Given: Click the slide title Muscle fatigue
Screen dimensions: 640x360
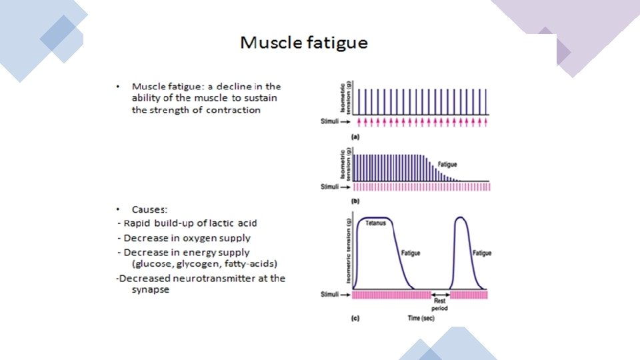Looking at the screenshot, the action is point(304,43).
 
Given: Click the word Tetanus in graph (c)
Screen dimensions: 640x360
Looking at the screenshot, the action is point(375,223).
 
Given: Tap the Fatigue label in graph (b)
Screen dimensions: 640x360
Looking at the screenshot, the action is point(447,164).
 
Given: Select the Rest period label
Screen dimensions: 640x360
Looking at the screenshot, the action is point(439,306).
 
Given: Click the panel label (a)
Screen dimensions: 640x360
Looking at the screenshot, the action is point(355,136).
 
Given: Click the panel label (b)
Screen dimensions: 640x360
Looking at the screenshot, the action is point(355,199).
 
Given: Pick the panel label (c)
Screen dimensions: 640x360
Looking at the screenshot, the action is point(355,319).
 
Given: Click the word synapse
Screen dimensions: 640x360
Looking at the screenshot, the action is point(150,290).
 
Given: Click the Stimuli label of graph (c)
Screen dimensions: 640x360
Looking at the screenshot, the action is point(331,293).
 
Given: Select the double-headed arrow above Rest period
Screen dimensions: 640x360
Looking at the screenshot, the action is point(439,294).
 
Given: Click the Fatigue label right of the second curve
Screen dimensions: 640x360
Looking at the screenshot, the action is point(481,253).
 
